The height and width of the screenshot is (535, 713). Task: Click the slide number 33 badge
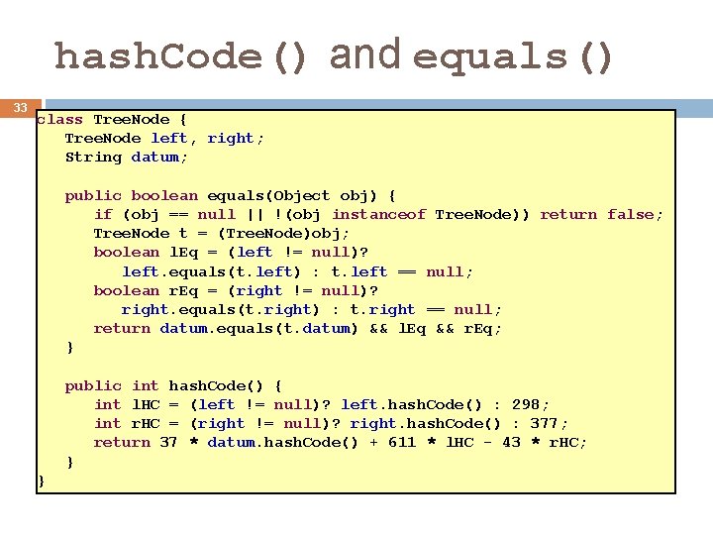coord(20,107)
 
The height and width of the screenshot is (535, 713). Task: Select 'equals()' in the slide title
coord(514,56)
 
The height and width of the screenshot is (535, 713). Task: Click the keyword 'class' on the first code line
coord(59,119)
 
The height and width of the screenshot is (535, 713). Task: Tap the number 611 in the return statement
coord(402,442)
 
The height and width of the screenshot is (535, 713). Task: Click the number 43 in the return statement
coord(511,442)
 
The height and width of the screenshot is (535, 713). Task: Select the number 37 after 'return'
coord(168,442)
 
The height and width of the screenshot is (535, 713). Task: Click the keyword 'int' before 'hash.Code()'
coord(145,385)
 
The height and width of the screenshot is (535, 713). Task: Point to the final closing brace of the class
coord(41,481)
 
